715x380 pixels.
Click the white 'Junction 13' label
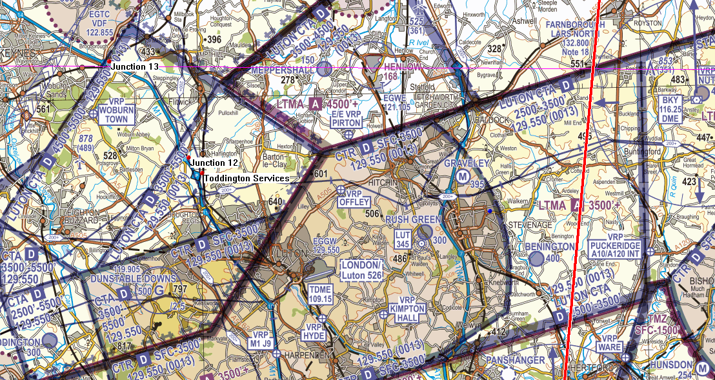[x=134, y=66]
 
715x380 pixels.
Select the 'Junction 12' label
[x=214, y=163]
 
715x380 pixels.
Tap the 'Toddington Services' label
[x=246, y=178]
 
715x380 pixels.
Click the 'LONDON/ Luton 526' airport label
[x=361, y=270]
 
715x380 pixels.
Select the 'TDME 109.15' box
[x=320, y=294]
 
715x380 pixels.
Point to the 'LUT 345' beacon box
[x=403, y=240]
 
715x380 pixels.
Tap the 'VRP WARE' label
[x=610, y=343]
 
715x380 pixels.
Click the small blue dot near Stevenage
[x=490, y=211]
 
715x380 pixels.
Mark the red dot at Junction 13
[x=109, y=61]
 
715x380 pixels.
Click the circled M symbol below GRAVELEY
[x=462, y=176]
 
